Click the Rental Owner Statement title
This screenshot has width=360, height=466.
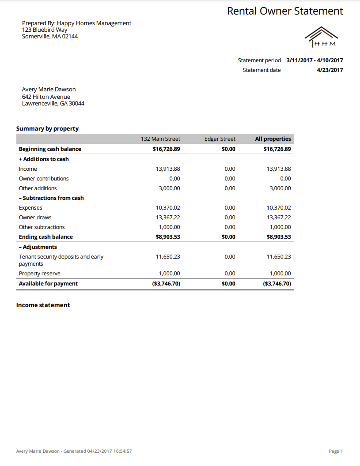click(285, 11)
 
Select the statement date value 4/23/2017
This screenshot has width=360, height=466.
click(330, 70)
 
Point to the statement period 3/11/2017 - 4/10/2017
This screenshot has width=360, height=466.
click(315, 60)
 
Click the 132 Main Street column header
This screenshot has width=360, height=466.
click(160, 139)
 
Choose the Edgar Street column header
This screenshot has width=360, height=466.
click(220, 139)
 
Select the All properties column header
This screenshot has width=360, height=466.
click(273, 139)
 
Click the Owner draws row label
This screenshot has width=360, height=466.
click(35, 218)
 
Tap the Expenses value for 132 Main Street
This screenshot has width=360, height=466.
click(168, 208)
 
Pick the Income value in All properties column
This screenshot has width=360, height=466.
click(279, 169)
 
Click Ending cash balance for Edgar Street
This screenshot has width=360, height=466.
click(228, 237)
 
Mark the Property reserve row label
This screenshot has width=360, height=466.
click(39, 274)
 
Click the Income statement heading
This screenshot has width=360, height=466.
click(43, 305)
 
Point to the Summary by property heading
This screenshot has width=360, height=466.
click(47, 129)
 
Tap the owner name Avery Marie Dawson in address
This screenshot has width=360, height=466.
click(49, 90)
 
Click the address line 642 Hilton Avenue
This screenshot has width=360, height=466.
click(46, 97)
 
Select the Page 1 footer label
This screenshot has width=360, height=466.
click(336, 451)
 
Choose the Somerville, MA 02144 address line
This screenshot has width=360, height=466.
click(49, 37)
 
